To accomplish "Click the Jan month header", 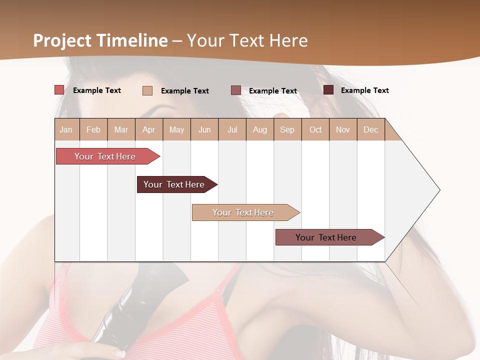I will pos(66,129).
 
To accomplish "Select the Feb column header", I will pos(93,129).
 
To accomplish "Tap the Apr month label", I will pos(148,129).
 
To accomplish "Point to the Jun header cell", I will pos(204,129).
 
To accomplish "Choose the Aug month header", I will pos(260,129).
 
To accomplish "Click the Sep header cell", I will pos(287,129).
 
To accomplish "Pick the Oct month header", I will pos(315,129).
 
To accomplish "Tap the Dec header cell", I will pos(370,129).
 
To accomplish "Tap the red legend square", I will pos(59,90).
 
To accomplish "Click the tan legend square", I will pos(147,90).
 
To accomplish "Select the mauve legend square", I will pos(236,90).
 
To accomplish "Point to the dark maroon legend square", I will pos(328,90).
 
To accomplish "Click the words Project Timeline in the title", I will pos(100,40).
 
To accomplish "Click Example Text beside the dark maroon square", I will pos(364,90).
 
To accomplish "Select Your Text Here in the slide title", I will pos(247,40).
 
